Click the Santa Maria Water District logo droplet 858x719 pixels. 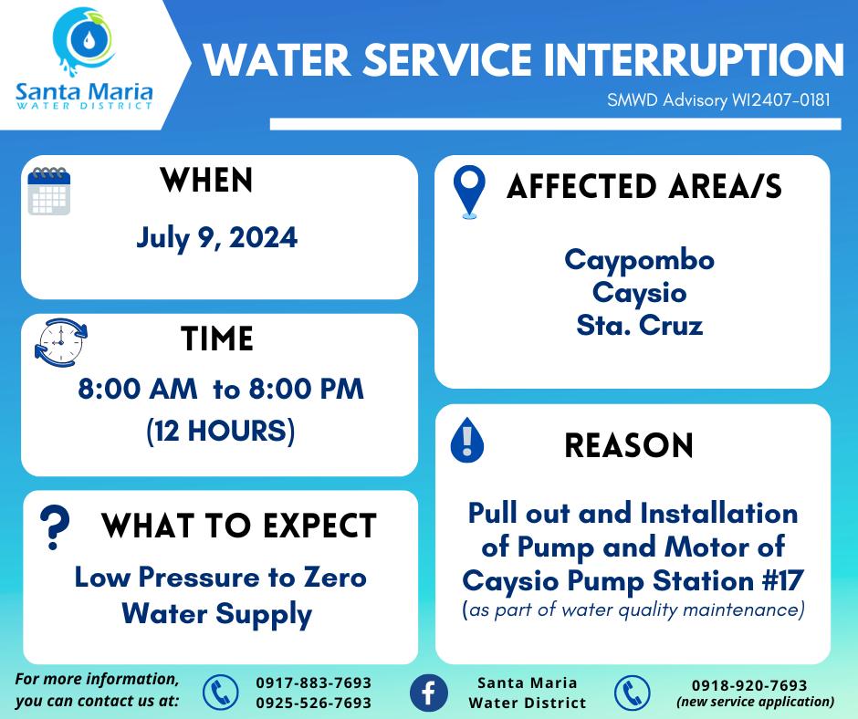tap(88, 39)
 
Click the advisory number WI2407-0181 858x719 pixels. tap(780, 100)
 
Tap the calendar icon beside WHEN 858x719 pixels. tap(49, 191)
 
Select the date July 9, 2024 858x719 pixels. tap(216, 238)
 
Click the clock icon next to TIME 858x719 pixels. tap(61, 342)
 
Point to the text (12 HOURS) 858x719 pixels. tap(221, 432)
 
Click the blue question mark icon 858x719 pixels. tap(55, 527)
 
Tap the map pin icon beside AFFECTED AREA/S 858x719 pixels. tap(469, 192)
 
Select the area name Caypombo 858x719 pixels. tap(639, 260)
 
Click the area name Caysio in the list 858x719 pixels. tap(639, 293)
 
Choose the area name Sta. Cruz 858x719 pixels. tap(639, 325)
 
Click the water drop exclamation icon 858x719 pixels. tap(466, 440)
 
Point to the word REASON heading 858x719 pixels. tap(629, 445)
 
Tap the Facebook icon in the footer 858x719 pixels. tap(428, 693)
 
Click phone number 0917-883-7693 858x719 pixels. tap(314, 683)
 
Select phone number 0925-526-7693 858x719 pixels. tap(314, 703)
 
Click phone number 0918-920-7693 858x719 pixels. tap(749, 685)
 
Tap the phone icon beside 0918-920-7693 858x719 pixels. tap(632, 693)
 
